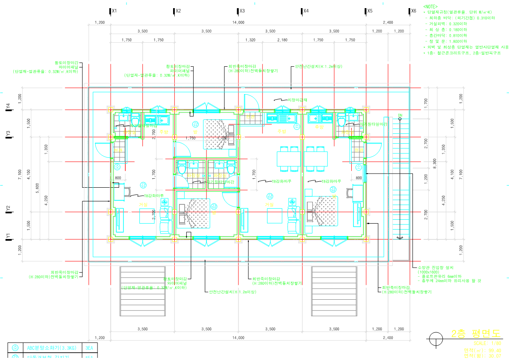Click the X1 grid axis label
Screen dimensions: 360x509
click(x=114, y=11)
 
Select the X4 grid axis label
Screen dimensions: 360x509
click(x=306, y=11)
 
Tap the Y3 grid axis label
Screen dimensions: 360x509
click(x=8, y=134)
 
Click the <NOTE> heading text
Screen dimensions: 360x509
click(x=430, y=7)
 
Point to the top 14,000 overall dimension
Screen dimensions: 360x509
click(x=238, y=22)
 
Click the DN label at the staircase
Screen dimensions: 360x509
click(x=400, y=115)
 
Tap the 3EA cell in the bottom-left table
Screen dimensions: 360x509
click(x=89, y=348)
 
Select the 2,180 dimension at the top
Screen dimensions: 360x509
click(x=282, y=40)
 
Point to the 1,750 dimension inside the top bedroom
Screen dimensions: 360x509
click(x=190, y=138)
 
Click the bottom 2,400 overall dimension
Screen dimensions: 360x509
click(x=388, y=338)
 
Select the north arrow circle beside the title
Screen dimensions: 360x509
click(x=435, y=339)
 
